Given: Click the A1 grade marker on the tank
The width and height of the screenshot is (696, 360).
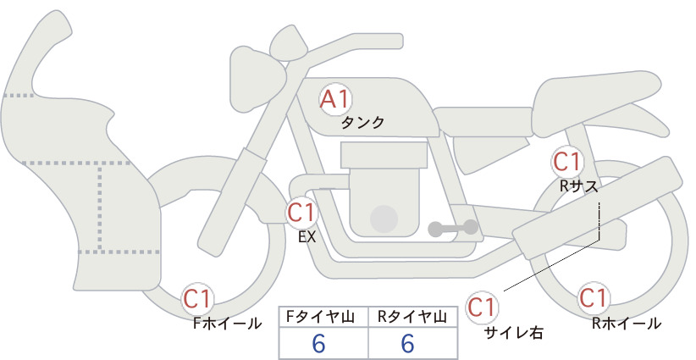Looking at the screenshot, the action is coord(335,99).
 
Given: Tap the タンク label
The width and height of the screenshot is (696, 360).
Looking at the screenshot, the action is coord(362,123).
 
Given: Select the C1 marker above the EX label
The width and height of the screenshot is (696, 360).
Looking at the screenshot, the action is coord(301,213).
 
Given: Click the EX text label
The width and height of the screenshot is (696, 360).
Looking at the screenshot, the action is coord(307,237).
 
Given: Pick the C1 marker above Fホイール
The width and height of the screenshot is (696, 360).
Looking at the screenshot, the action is coord(197,299).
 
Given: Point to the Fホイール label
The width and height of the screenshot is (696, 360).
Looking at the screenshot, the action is coord(228,324).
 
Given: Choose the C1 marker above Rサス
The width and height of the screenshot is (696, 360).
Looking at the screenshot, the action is coord(566,162).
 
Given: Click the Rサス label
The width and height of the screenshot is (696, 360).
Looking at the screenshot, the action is coord(578,186).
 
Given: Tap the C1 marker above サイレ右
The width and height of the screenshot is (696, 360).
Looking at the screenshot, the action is coord(482,307).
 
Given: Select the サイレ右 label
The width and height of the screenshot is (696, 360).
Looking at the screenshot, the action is coord(514,333).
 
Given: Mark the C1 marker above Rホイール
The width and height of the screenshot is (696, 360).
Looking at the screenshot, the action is coord(593,298).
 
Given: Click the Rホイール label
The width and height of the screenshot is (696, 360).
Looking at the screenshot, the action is coord(627,324).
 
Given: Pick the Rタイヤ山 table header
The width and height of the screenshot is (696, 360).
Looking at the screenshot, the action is coord(412,317).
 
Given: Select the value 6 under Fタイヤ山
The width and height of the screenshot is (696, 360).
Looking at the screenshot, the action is coord(318,343).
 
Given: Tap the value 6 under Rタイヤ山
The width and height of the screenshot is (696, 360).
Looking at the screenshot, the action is coord(407,343).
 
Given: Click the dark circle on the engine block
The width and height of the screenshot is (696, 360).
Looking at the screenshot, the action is coord(384,219).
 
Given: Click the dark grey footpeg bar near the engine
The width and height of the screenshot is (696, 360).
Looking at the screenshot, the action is coord(453,228).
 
